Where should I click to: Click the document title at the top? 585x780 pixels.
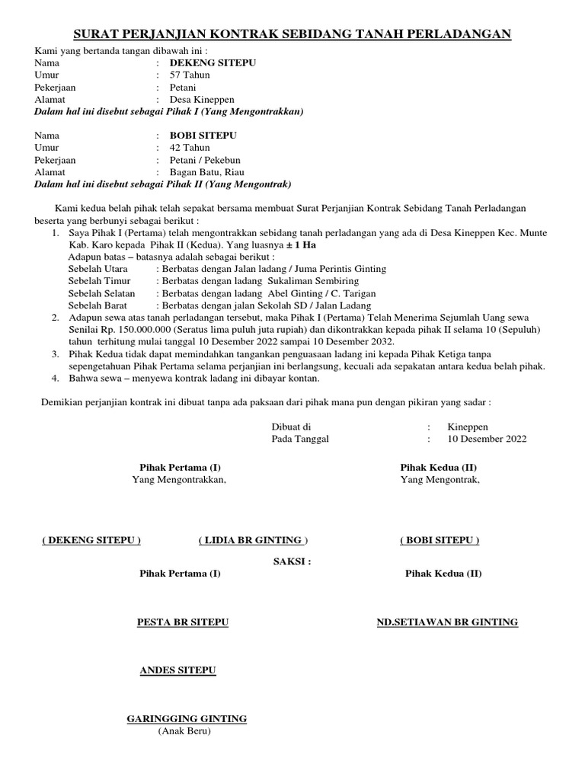(x=292, y=34)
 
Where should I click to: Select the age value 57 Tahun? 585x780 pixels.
(x=190, y=75)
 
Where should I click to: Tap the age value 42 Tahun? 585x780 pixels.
(x=190, y=148)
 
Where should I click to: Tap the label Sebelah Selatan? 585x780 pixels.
(x=101, y=293)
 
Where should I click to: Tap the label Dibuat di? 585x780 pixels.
(x=291, y=427)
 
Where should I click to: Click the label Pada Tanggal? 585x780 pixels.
(x=301, y=439)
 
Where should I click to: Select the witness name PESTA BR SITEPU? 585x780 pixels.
(x=183, y=622)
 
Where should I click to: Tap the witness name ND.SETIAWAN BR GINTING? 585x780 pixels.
(x=447, y=622)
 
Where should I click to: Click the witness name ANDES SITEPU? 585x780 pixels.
(x=177, y=670)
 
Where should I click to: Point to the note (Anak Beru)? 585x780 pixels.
(x=184, y=731)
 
